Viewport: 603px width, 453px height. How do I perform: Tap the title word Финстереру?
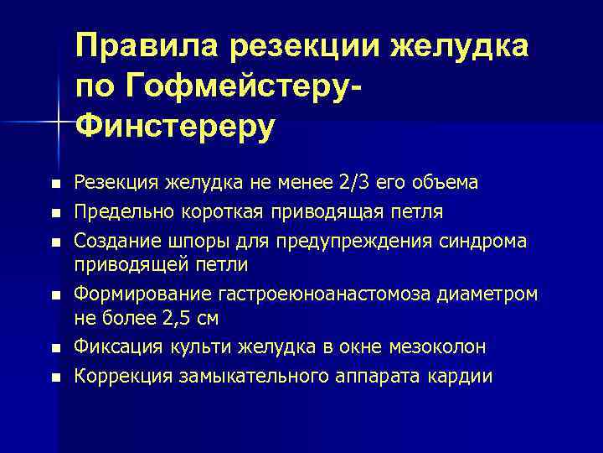point(175,126)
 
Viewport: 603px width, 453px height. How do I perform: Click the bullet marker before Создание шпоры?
point(56,241)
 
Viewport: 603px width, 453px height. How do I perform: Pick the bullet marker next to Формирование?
point(56,294)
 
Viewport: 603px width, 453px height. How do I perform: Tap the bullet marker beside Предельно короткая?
point(56,211)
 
